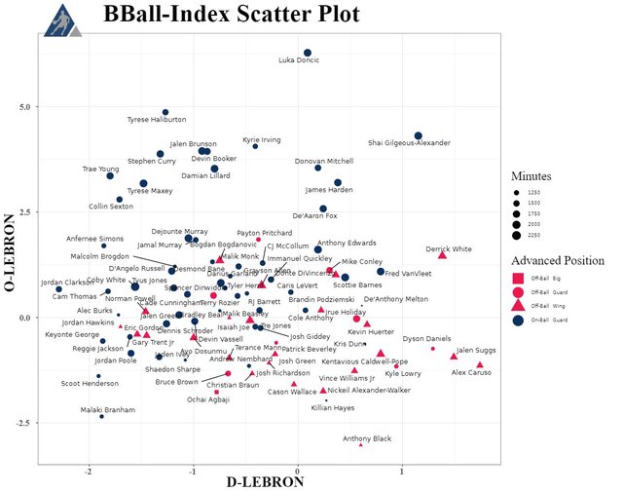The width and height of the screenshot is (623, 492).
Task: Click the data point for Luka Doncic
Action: click(x=308, y=53)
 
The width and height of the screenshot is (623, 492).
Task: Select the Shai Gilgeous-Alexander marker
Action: click(x=419, y=135)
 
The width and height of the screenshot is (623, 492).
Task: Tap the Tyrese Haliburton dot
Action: click(x=165, y=113)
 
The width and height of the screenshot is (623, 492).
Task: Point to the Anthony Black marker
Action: click(x=361, y=444)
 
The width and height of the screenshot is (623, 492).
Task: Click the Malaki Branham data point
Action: click(x=101, y=416)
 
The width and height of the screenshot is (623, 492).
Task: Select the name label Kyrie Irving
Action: click(x=261, y=139)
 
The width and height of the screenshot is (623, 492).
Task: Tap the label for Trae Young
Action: click(x=100, y=169)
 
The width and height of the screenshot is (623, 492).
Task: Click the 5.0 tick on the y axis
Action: click(x=27, y=106)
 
